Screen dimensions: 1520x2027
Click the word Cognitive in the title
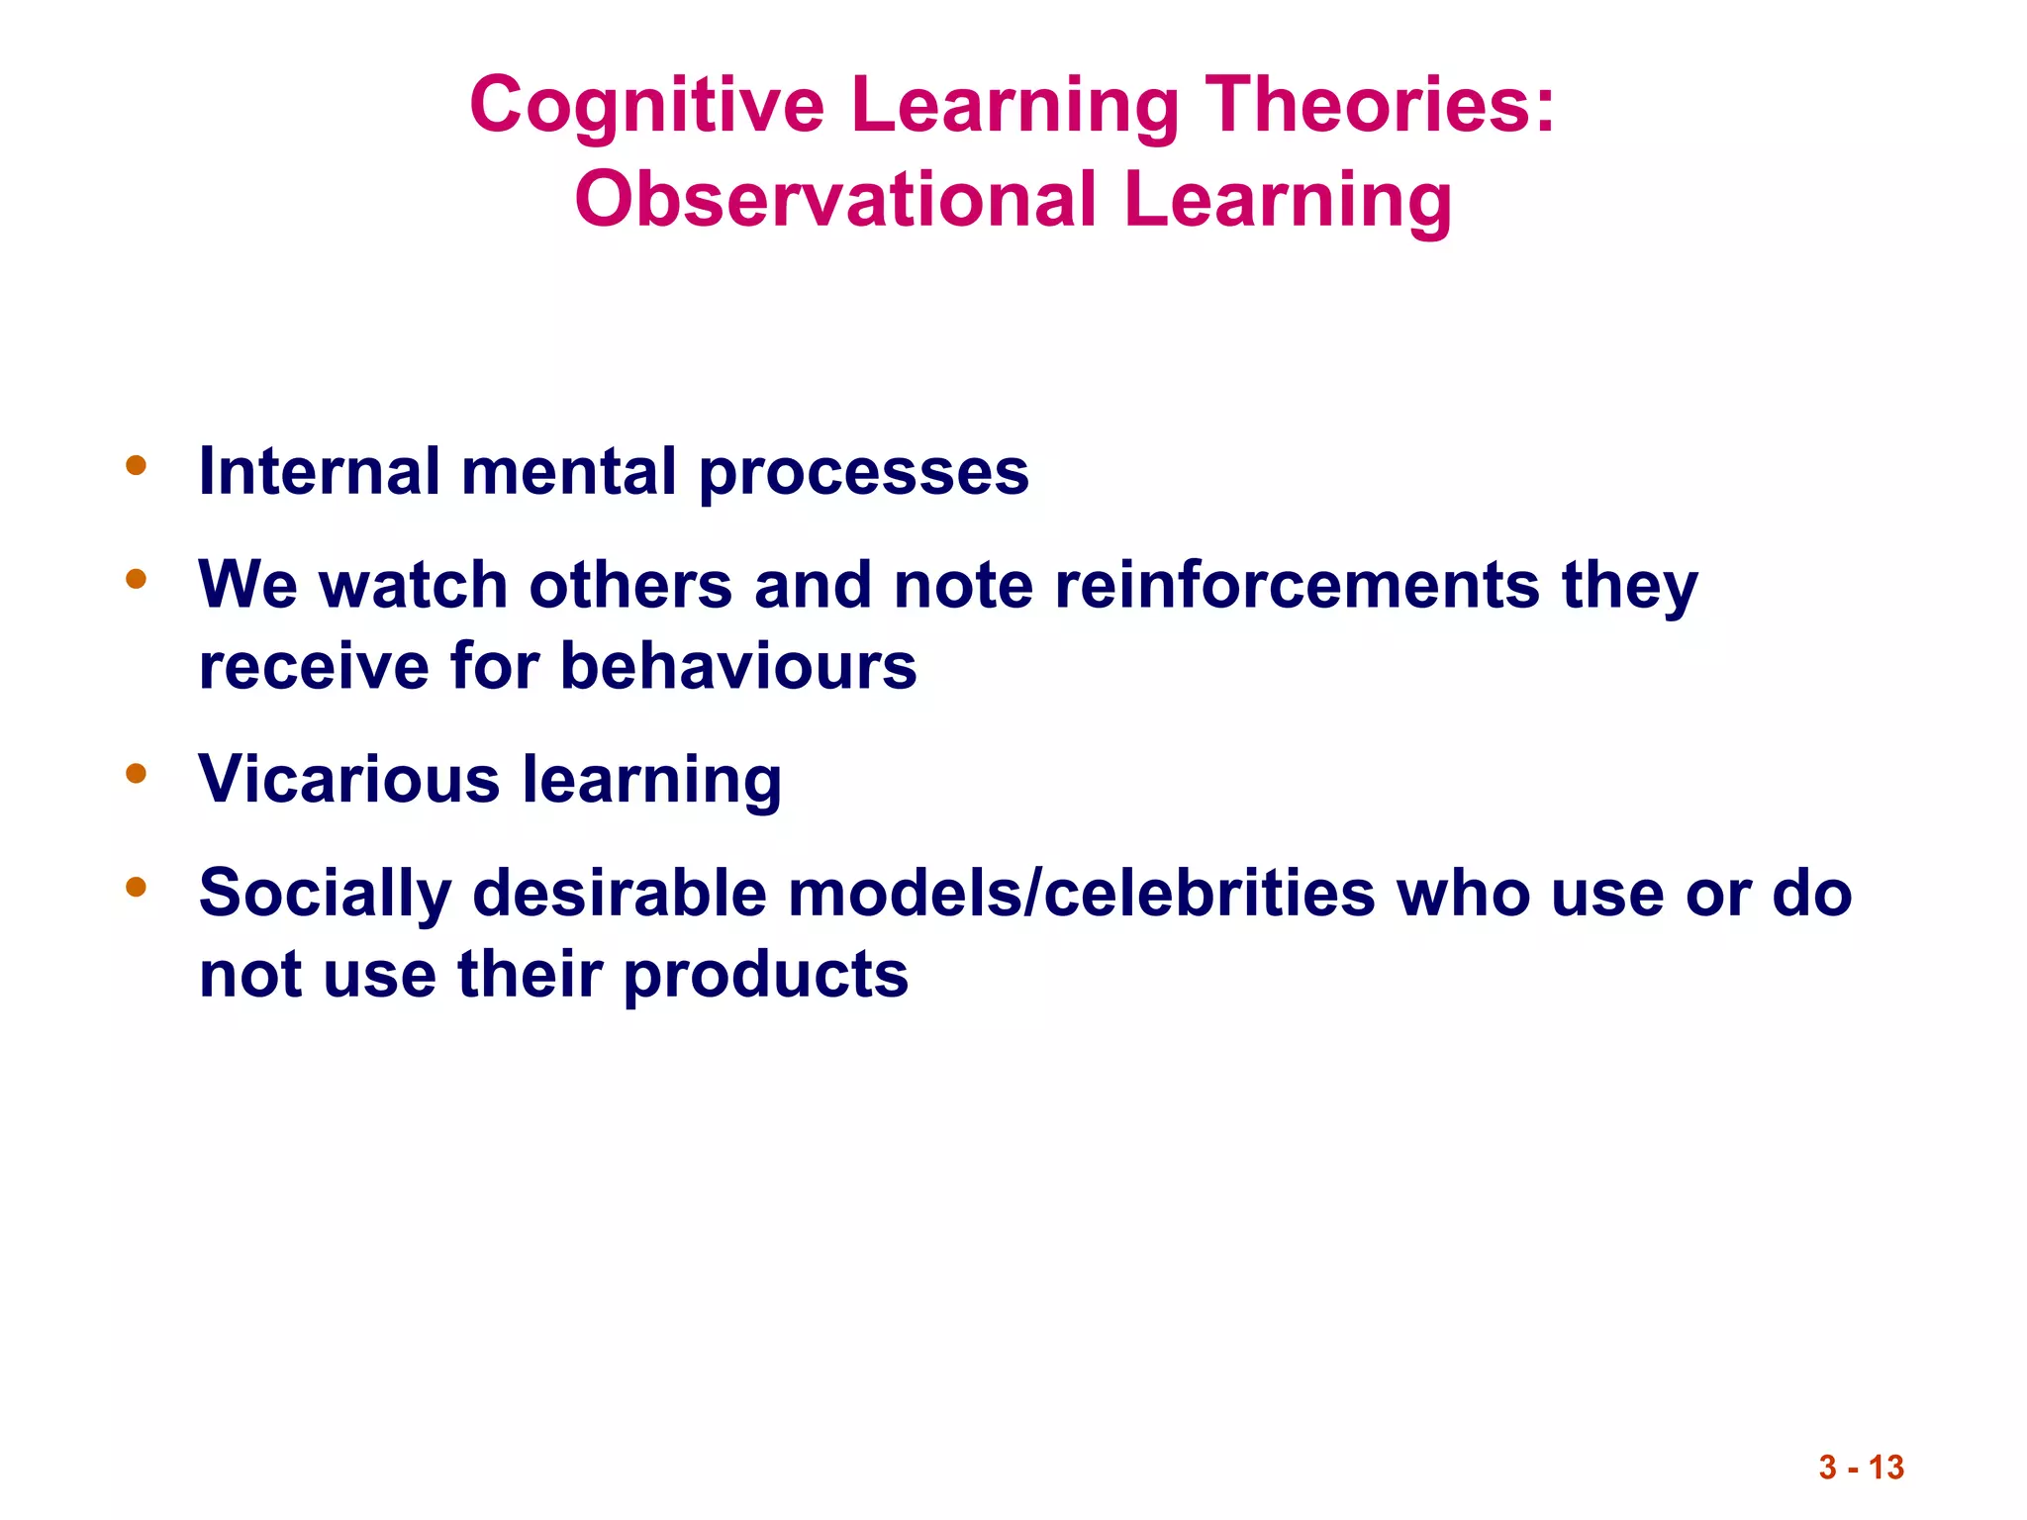pos(646,106)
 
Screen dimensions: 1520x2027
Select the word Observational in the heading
pos(836,200)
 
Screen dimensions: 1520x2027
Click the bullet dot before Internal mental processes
pos(137,465)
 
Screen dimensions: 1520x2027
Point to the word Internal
pos(319,471)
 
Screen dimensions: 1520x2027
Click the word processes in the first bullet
pos(863,473)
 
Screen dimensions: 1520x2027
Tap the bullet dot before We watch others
pos(137,579)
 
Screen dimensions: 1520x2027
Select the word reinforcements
pos(1297,585)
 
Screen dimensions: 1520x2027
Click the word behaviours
pos(738,666)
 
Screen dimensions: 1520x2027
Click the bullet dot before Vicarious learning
pos(137,773)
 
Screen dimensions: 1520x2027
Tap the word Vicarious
pos(348,780)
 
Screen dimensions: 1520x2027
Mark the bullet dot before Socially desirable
pos(137,887)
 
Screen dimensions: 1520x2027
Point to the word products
pos(765,975)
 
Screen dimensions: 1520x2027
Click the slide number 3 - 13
pos(1861,1467)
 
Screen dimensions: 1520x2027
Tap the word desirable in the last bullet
pos(620,893)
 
